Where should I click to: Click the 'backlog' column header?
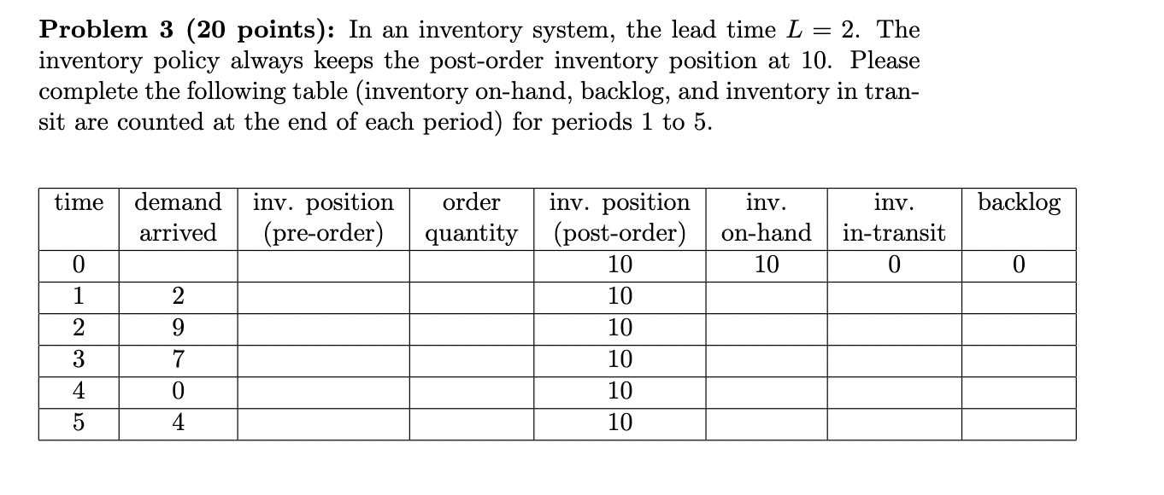1019,203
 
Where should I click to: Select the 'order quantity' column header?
472,218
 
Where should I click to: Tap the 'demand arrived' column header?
178,218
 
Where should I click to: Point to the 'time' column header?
78,203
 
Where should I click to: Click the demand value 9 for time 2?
178,328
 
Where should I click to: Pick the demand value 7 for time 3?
178,359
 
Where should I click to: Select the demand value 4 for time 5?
178,422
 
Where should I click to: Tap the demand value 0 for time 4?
178,391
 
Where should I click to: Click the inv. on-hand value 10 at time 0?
766,265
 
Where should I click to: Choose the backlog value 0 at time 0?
1018,265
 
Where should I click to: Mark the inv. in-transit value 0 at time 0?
894,265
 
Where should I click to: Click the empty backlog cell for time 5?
1018,423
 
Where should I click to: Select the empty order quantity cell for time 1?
472,297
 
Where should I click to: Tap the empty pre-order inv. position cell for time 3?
323,360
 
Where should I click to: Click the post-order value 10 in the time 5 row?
620,422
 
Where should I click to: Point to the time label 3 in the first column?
78,359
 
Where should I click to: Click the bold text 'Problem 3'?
103,31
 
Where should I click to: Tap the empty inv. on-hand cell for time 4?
766,392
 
